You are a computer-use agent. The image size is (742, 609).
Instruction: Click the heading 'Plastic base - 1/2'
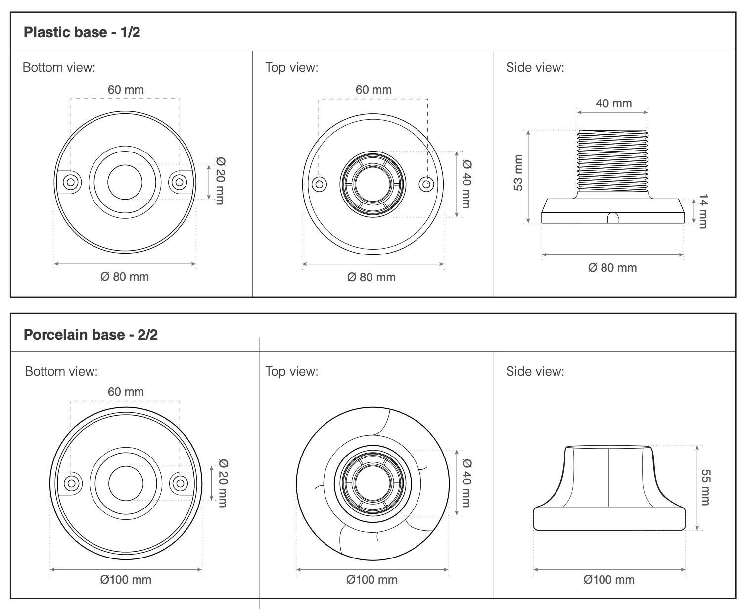tap(82, 32)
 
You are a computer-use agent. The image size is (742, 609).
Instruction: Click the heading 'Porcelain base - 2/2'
tap(91, 334)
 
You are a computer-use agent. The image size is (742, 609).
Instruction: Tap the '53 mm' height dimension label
tap(518, 173)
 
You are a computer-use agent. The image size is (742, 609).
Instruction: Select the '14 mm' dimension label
tap(703, 211)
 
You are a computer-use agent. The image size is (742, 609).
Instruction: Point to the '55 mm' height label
tap(706, 487)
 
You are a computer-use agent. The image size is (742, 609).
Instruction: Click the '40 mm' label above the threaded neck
tap(613, 103)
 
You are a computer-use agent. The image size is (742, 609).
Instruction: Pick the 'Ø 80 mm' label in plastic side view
tap(612, 268)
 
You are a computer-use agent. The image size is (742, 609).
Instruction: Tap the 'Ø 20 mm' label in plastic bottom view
tap(220, 181)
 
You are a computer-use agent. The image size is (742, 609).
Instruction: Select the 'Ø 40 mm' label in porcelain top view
tap(466, 483)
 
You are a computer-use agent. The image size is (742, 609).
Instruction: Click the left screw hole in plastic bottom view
tap(71, 182)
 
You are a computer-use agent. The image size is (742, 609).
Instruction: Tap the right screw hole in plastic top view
tap(426, 184)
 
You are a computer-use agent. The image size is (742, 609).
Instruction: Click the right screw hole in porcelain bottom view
tap(181, 483)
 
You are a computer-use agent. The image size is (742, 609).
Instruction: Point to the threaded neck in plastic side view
tap(612, 161)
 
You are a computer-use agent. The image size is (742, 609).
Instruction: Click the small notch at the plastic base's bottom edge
tap(613, 218)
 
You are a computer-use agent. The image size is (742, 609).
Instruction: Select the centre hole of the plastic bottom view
tap(125, 182)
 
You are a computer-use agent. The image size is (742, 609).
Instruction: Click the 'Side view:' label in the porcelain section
tap(535, 371)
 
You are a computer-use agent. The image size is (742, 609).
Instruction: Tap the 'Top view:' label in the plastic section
tap(292, 67)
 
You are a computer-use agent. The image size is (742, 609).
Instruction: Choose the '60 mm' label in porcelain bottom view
tap(126, 391)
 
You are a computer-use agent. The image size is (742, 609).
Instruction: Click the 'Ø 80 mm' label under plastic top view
tap(371, 277)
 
